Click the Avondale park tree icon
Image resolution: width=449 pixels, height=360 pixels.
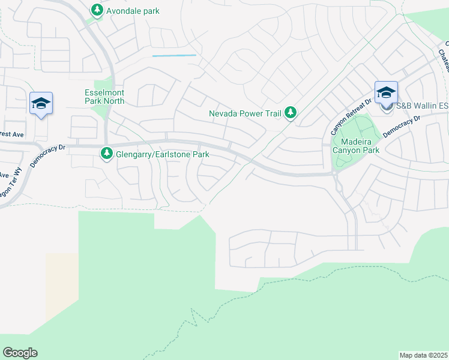click(97, 10)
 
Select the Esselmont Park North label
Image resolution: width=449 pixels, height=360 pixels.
click(104, 97)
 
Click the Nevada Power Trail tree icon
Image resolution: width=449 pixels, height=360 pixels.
click(291, 112)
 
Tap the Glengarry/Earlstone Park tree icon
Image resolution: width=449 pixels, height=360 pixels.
click(107, 154)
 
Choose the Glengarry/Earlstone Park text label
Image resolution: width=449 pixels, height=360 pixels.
click(162, 155)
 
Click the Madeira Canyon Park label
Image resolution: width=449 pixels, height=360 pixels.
click(357, 146)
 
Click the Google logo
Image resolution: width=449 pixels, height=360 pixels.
click(20, 353)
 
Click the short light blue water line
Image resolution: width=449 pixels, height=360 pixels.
click(174, 56)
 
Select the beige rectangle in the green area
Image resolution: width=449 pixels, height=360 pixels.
click(62, 282)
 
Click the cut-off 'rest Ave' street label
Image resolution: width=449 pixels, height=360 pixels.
click(11, 133)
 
